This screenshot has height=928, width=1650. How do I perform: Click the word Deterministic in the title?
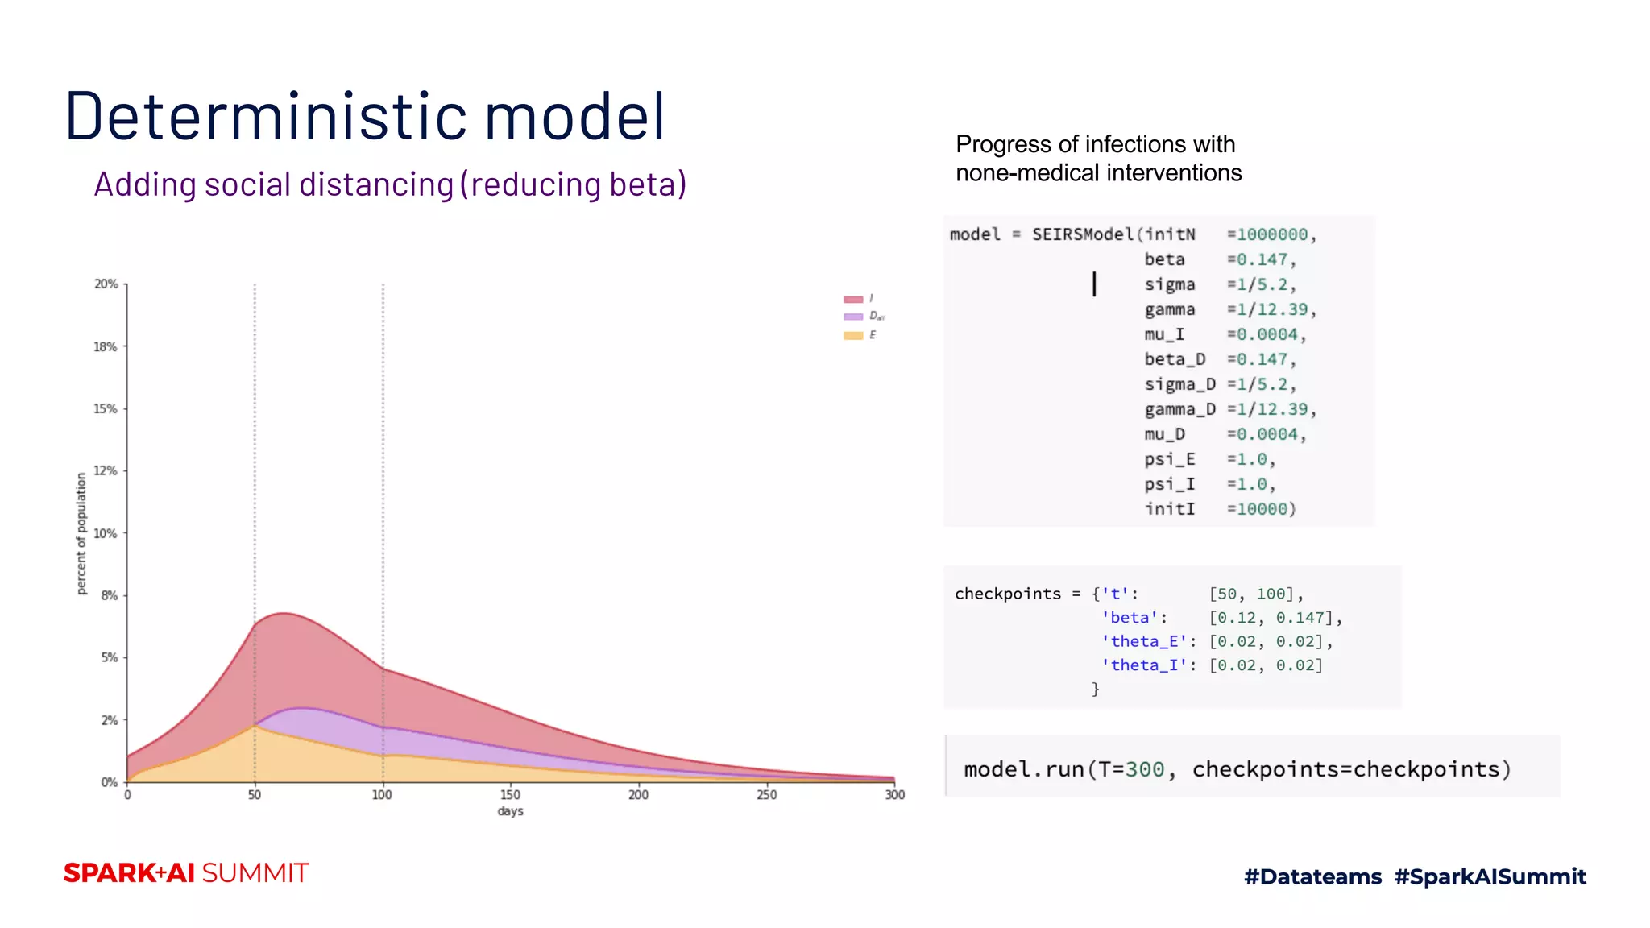click(266, 117)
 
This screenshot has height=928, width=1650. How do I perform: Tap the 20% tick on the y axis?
click(106, 284)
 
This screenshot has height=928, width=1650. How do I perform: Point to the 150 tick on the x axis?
click(510, 795)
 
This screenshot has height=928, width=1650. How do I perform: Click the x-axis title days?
click(510, 811)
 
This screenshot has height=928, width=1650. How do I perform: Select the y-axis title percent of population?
click(81, 533)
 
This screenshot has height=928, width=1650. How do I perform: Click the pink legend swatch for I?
click(853, 299)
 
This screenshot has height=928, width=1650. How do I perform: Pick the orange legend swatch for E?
click(853, 335)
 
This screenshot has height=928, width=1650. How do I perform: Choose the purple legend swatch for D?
click(853, 317)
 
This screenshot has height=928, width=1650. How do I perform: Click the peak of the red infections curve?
click(284, 614)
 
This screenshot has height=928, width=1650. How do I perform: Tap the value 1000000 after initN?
click(1272, 234)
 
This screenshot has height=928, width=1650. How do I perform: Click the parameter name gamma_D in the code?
click(1179, 409)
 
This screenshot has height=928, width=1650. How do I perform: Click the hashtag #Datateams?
click(1312, 876)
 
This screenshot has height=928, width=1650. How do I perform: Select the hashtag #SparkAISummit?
click(1490, 876)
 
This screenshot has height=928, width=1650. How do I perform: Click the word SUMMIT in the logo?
click(255, 873)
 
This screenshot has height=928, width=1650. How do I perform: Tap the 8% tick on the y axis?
click(110, 596)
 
